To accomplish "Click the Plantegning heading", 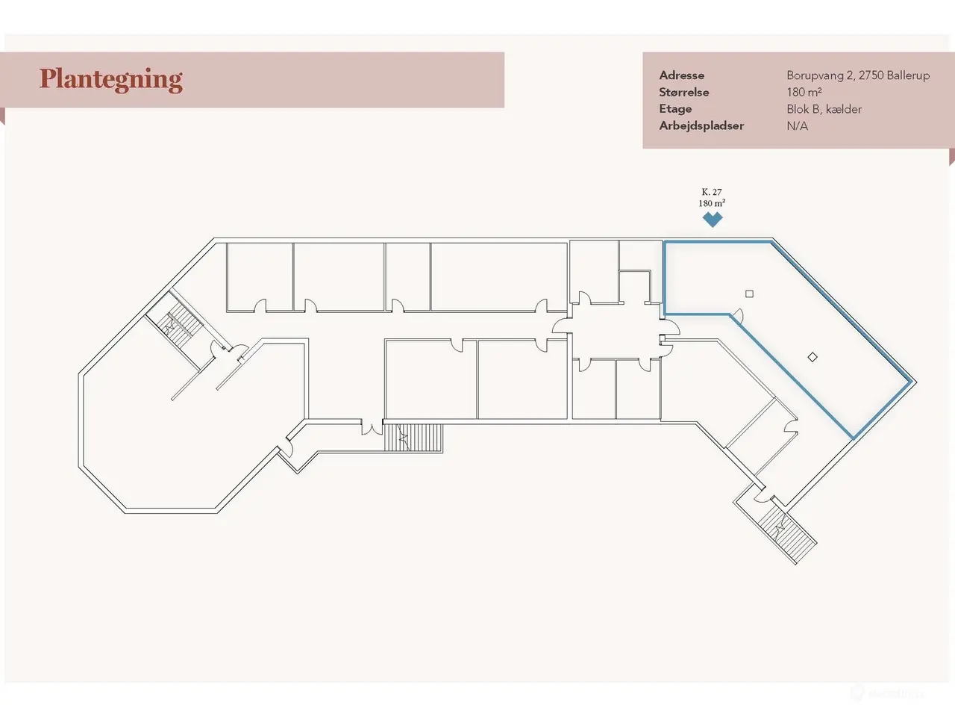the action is tap(111, 80).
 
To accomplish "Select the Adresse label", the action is tap(681, 75).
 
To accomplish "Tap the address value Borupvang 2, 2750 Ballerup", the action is tap(858, 75).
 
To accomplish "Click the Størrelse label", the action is tap(684, 93).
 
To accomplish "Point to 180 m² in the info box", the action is tap(804, 93).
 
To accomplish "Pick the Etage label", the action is tap(675, 109).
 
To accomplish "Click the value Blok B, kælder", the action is tap(824, 109).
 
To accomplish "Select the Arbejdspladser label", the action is tap(701, 125).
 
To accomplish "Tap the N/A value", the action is tap(797, 126).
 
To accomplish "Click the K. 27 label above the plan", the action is tap(712, 192).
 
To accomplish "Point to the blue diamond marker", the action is tap(713, 219).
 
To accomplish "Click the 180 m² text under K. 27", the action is tap(712, 203).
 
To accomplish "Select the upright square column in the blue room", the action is tap(749, 294).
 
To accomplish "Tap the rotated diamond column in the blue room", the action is tap(812, 357).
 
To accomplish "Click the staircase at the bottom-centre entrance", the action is tap(413, 438).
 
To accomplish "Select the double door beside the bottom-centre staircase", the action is tap(372, 427).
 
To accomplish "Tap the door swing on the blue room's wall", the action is tap(738, 315).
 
